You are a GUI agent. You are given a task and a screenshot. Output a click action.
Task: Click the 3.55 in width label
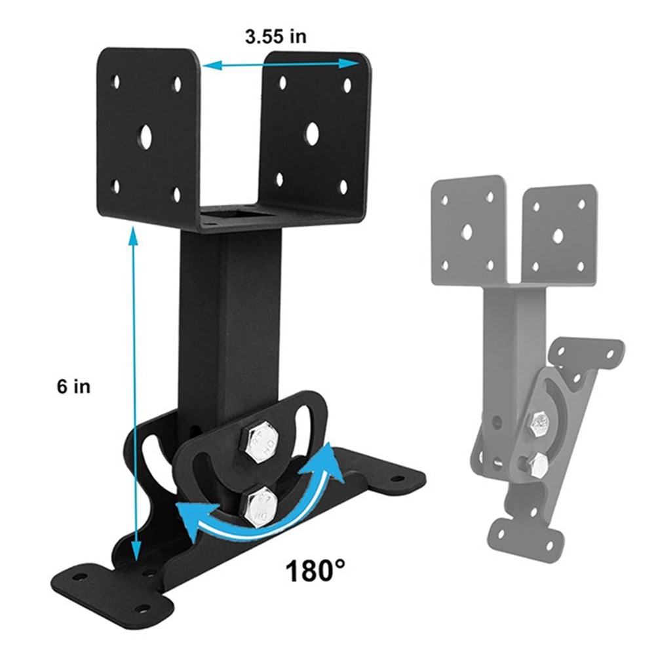tap(275, 37)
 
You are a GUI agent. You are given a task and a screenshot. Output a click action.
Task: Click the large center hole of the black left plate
tap(145, 136)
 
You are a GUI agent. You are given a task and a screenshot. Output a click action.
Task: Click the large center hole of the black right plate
tap(312, 134)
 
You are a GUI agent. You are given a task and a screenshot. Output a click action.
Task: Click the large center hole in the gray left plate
tap(467, 231)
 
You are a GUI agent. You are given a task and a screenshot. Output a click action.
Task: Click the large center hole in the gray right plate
tap(558, 236)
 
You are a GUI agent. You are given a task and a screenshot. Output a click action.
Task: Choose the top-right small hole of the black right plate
tap(347, 84)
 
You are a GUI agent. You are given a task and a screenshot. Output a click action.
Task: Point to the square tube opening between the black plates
tap(236, 215)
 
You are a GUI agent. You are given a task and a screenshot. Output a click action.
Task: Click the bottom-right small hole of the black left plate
tap(176, 193)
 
